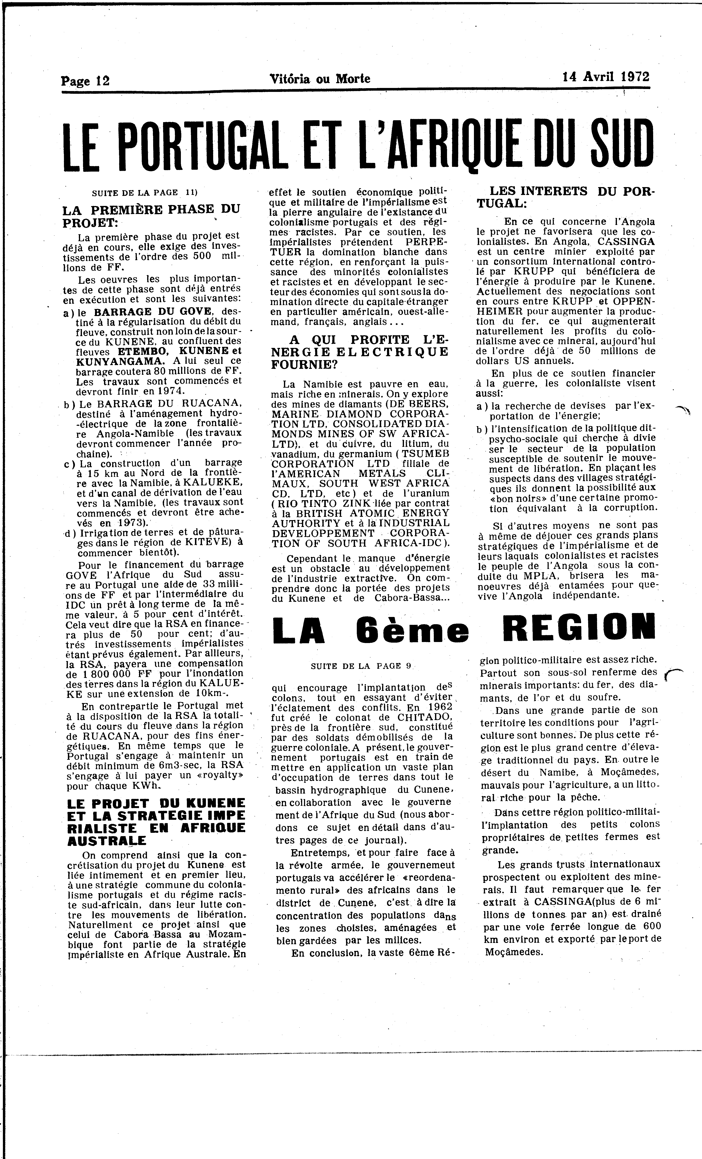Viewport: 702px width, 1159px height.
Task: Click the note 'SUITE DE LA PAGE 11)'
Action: pos(144,192)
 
